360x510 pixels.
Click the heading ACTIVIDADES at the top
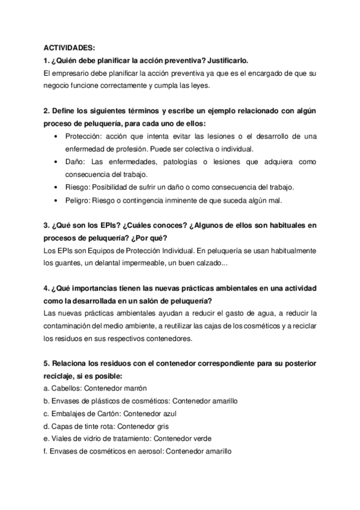(x=69, y=48)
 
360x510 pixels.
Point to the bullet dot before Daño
(x=56, y=162)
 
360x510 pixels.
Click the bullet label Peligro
(x=76, y=200)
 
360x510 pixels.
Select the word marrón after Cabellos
(x=135, y=389)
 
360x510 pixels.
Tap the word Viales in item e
(x=59, y=439)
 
